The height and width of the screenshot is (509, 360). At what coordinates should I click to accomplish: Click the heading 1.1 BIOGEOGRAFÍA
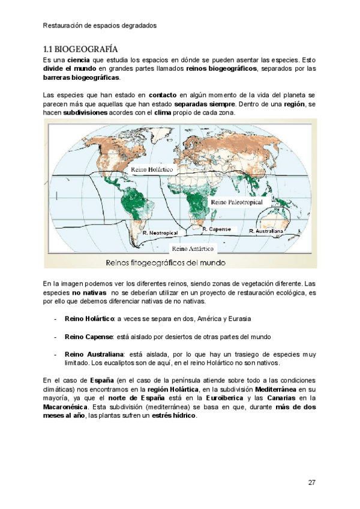80,49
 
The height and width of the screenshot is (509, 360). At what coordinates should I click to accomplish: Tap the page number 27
311,483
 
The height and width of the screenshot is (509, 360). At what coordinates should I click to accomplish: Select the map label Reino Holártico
152,170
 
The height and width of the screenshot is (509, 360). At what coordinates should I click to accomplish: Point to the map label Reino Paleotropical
236,203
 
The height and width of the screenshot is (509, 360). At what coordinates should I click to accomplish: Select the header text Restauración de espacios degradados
100,26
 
